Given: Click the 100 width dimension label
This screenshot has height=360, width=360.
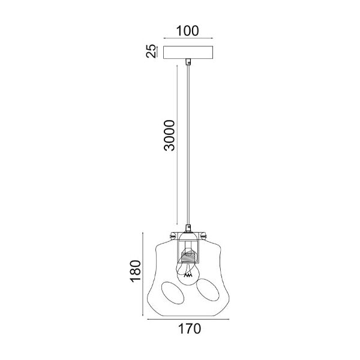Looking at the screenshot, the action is coord(187,31).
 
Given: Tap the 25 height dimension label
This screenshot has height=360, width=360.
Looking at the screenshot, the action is coord(151,51).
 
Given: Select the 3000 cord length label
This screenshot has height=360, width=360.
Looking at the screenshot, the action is coord(169,135).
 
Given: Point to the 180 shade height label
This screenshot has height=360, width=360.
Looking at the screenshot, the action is coord(135,271).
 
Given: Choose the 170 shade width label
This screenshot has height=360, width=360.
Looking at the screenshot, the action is coord(190,329).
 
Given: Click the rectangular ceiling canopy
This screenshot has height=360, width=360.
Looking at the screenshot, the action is coord(188,53).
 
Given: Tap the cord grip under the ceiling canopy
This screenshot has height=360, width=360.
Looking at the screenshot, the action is coord(188,62).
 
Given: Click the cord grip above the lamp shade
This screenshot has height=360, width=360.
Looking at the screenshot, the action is coord(188,228).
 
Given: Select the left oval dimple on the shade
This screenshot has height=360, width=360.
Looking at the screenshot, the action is coord(173,293).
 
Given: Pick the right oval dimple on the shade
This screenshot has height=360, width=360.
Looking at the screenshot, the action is coord(208,290).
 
